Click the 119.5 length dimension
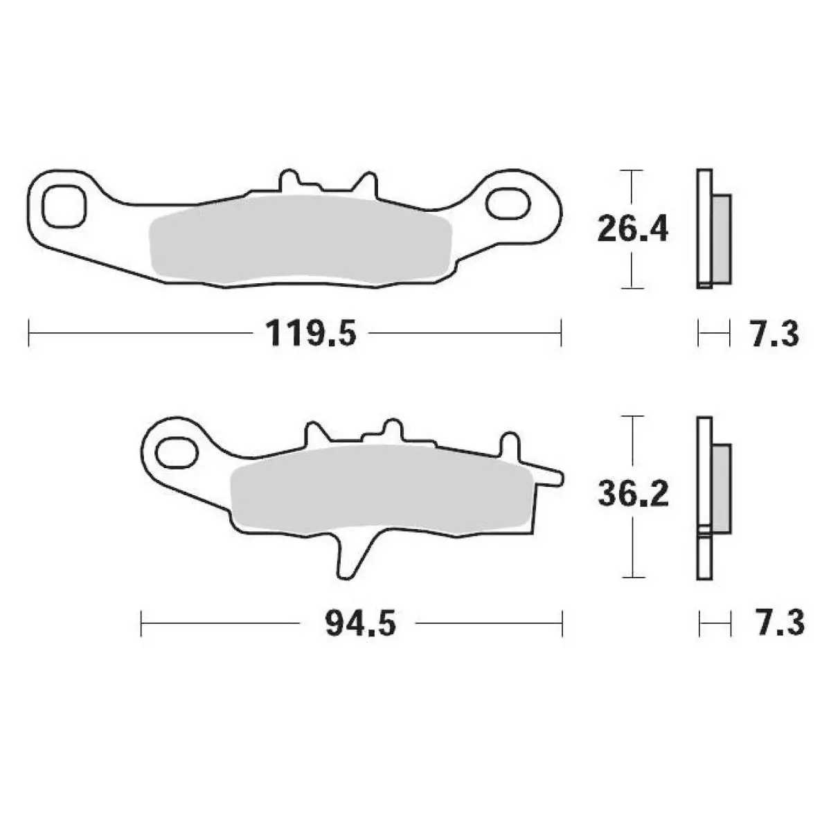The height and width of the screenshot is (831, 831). pos(311,333)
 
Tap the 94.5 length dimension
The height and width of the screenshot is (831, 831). pos(360,623)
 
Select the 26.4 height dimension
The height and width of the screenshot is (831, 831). pos(633,229)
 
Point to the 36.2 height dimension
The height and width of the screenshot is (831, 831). pos(633,494)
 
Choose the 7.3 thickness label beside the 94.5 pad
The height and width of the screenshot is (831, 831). pos(780,623)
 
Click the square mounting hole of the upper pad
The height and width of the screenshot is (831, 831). pos(64,206)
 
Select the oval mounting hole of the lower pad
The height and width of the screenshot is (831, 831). pos(177,453)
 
